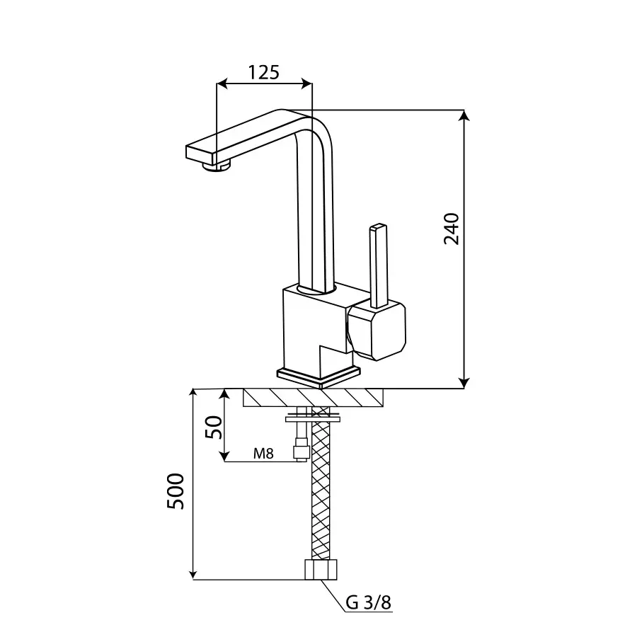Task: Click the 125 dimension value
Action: click(264, 72)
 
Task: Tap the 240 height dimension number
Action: click(452, 229)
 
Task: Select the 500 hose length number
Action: click(176, 491)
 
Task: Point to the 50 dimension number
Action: click(214, 427)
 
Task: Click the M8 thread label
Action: click(263, 453)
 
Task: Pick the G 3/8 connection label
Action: click(369, 602)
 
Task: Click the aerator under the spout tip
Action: click(217, 166)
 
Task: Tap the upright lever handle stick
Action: click(379, 265)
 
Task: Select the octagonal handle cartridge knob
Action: click(377, 331)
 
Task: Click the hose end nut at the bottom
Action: click(321, 570)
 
